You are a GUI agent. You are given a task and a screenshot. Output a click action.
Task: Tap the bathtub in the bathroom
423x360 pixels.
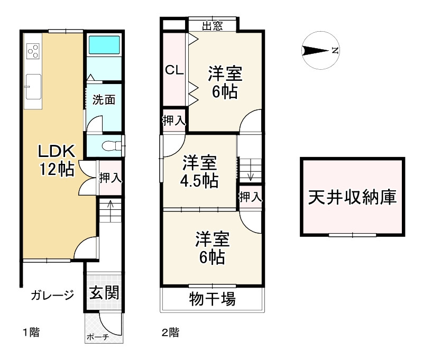104,45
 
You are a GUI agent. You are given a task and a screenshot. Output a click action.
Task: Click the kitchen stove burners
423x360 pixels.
33,50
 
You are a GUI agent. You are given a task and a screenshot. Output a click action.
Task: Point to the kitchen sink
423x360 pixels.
33,86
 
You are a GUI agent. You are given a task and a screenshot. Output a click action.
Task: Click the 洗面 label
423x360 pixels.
104,100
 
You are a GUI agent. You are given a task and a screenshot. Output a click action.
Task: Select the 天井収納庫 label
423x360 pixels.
352,197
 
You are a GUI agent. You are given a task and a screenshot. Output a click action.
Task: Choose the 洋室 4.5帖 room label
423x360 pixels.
199,171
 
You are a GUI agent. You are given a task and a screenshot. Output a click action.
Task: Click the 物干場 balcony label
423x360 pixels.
212,300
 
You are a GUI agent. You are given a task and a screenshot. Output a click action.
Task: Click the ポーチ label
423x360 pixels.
96,337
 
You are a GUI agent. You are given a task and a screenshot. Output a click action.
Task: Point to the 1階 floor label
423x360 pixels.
30,333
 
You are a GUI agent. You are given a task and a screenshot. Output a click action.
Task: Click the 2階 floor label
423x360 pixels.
170,333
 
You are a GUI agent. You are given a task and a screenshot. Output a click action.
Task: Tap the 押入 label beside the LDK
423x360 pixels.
110,178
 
